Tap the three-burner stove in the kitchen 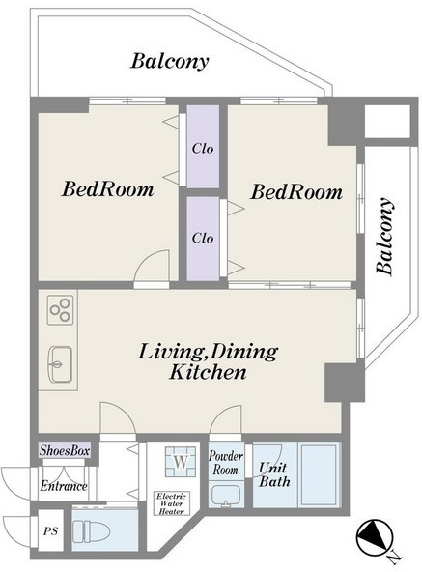point(60,310)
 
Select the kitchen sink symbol point(60,364)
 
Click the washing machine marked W point(181,462)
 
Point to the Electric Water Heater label point(172,503)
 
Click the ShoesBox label point(65,450)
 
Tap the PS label point(50,531)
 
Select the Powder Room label point(226,462)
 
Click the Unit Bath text point(274,474)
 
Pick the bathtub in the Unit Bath point(319,474)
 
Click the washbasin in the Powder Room point(226,496)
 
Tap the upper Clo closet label point(203,149)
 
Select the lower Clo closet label point(203,239)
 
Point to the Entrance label point(64,486)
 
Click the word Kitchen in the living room point(208,372)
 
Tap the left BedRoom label point(108,189)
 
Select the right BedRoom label point(296,192)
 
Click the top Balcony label point(170,61)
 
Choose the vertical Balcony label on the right point(384,237)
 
